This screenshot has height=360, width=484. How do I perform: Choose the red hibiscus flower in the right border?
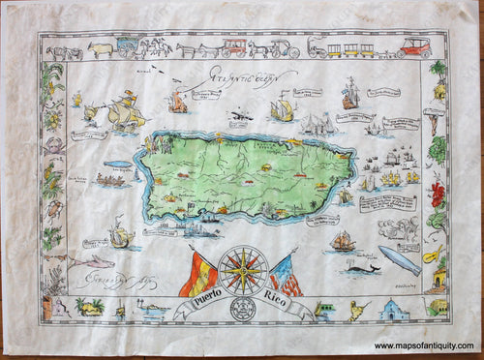tap(437, 190)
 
